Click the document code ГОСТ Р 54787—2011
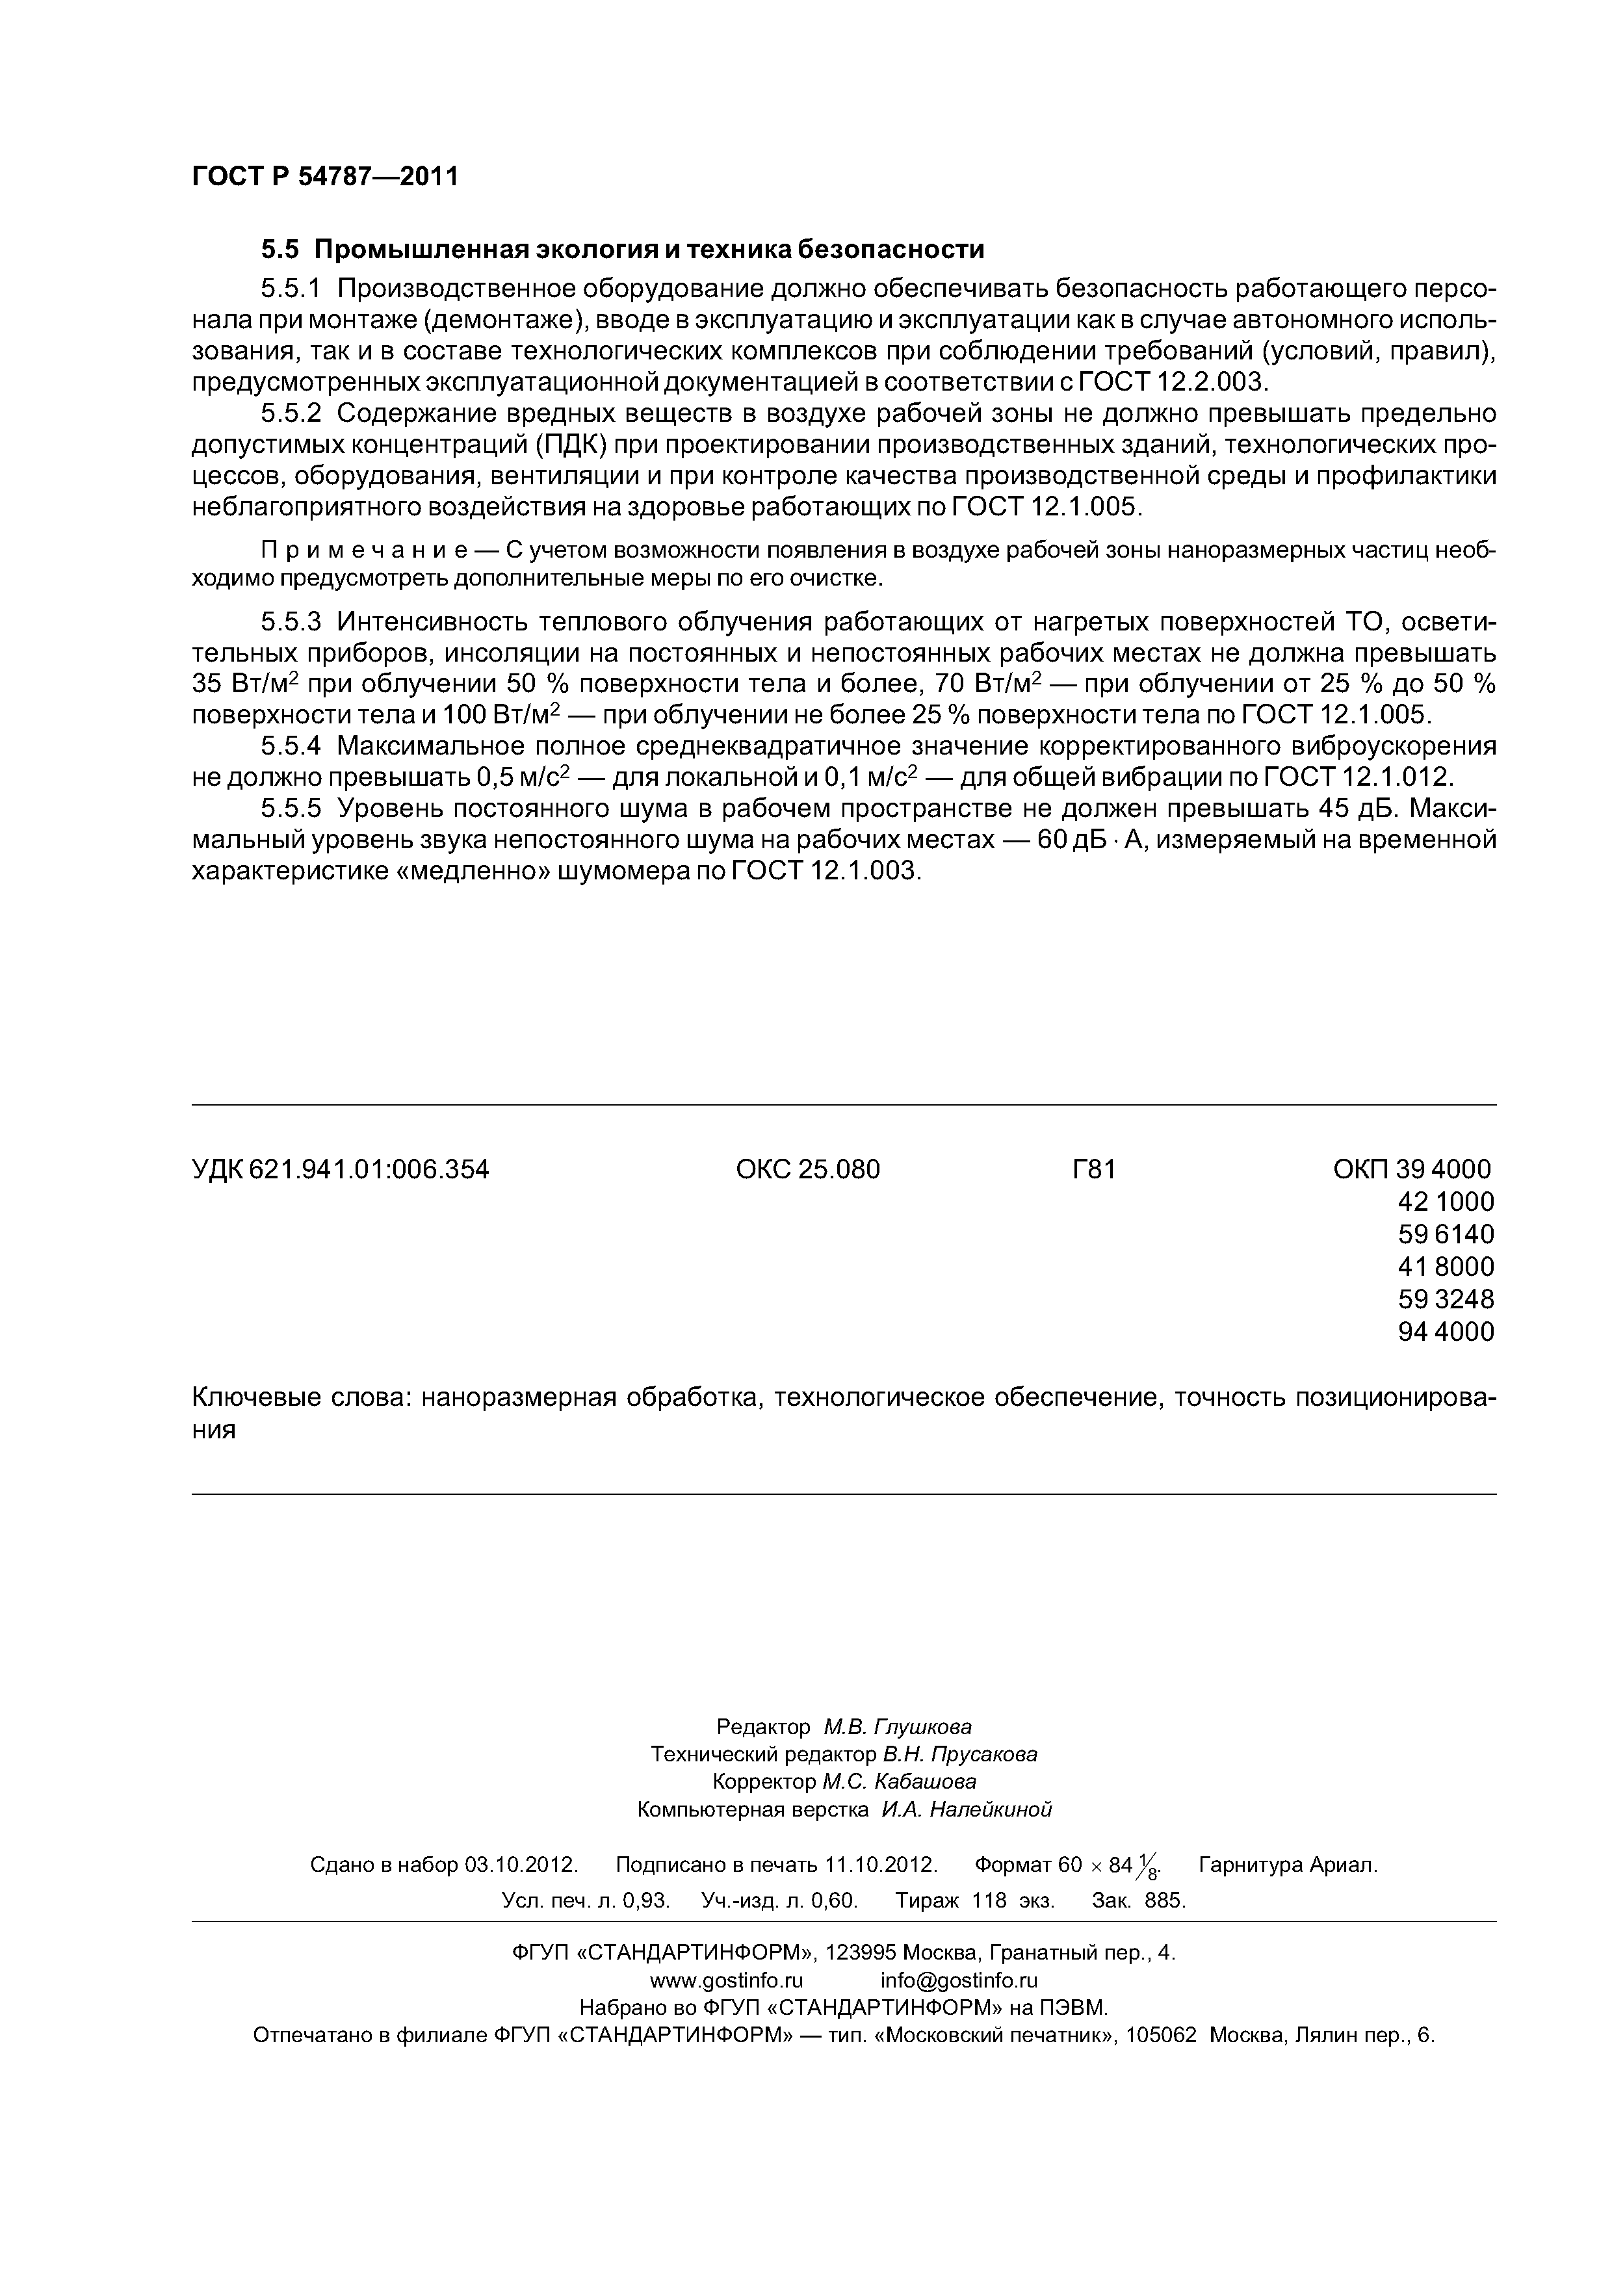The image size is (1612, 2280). tap(325, 177)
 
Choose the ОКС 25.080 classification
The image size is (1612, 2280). tap(807, 1170)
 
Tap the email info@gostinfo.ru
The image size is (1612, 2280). tap(959, 1981)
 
